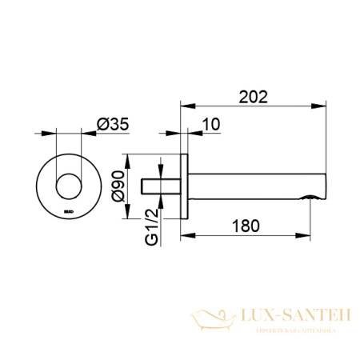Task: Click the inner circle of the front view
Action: point(67,186)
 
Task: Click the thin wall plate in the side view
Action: point(186,186)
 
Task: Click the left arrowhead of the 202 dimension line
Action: point(183,104)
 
